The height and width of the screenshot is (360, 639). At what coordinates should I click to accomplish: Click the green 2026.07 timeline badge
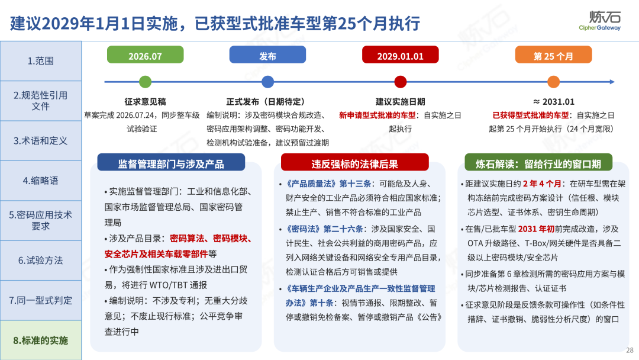click(145, 54)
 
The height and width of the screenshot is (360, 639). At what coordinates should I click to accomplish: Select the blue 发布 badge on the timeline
click(267, 54)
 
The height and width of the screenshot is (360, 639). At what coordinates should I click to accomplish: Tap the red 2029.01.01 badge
click(400, 54)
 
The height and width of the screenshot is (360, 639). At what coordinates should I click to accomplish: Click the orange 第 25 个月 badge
click(553, 54)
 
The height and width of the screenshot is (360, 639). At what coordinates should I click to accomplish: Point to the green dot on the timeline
click(145, 82)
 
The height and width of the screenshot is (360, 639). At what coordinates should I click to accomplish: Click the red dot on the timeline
click(401, 82)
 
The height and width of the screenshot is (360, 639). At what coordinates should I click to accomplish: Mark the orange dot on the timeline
click(553, 82)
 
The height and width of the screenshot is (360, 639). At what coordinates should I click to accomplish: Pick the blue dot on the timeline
click(268, 82)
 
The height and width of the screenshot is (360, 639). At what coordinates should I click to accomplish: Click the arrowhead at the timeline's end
click(612, 82)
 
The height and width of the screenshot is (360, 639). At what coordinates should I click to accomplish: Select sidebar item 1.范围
click(41, 61)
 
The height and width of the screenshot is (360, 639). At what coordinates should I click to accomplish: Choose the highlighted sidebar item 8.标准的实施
click(41, 340)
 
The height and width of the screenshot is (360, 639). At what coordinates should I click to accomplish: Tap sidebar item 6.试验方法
click(41, 261)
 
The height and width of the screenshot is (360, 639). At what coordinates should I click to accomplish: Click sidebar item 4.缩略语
click(41, 181)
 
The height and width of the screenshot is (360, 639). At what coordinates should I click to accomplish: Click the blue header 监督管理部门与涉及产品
click(171, 163)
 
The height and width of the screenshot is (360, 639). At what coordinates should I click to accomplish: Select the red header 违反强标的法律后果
click(354, 163)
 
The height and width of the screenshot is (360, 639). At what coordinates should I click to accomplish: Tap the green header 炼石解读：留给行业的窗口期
click(538, 163)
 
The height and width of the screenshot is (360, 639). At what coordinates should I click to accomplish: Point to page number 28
click(630, 350)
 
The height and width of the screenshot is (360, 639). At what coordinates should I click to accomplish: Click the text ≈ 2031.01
click(553, 101)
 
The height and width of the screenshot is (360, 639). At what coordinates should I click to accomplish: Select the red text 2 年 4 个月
click(542, 184)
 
